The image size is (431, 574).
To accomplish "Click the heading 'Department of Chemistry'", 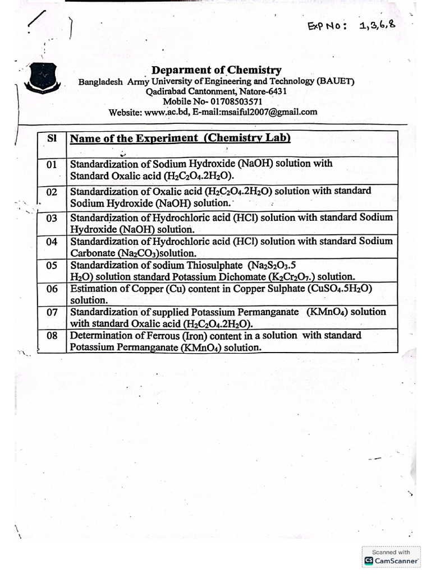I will pyautogui.click(x=217, y=70).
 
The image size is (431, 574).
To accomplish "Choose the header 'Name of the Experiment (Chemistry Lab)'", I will pyautogui.click(x=180, y=138).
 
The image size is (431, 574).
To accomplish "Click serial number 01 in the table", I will pyautogui.click(x=52, y=165).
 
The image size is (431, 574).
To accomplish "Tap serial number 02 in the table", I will pyautogui.click(x=52, y=192).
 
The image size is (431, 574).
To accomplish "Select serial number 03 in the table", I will pyautogui.click(x=52, y=217).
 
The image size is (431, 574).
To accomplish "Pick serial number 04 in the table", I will pyautogui.click(x=52, y=242).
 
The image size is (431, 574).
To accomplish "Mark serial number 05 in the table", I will pyautogui.click(x=52, y=266).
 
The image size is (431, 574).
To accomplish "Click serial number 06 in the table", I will pyautogui.click(x=52, y=289).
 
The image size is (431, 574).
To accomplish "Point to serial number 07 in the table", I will pyautogui.click(x=52, y=312).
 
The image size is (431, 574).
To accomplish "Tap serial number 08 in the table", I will pyautogui.click(x=52, y=336).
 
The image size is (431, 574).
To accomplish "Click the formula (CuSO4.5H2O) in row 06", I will pyautogui.click(x=340, y=289).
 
